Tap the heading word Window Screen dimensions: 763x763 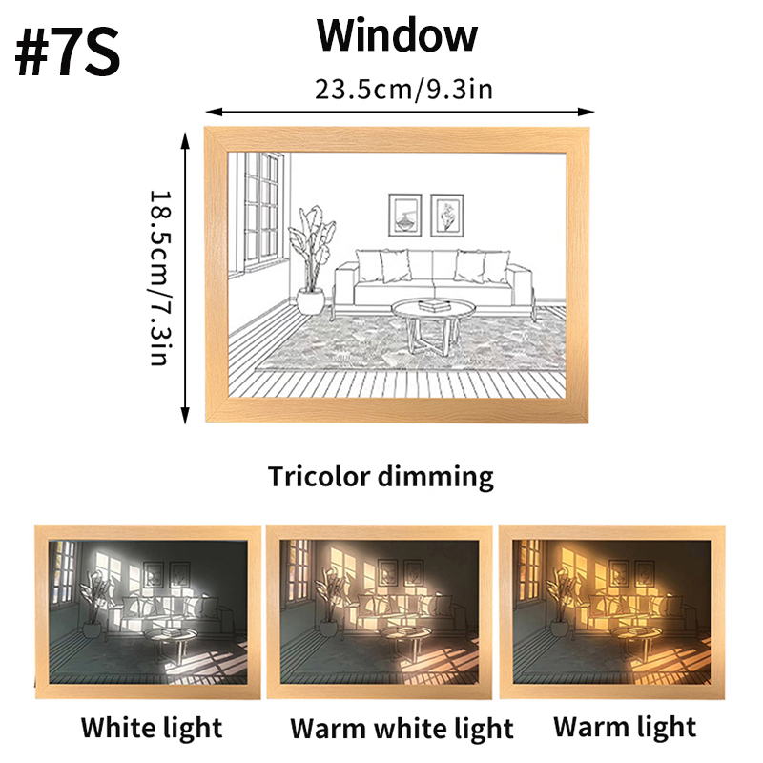(397, 35)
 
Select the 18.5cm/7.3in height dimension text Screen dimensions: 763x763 (158, 277)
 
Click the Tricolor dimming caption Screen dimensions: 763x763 (381, 475)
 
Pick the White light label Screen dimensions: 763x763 (151, 728)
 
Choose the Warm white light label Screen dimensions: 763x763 (402, 729)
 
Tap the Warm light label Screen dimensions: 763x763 (625, 727)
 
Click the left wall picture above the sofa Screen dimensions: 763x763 (404, 215)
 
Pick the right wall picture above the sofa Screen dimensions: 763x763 (446, 215)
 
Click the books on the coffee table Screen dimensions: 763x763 (436, 304)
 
